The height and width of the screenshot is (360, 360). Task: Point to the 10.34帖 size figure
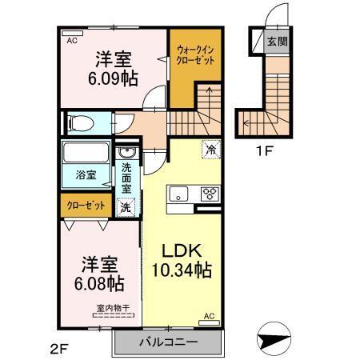[x=183, y=270]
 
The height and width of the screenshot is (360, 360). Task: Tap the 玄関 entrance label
[x=277, y=42]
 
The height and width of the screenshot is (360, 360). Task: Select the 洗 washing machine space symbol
[x=126, y=206]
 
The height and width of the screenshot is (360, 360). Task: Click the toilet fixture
[x=82, y=122]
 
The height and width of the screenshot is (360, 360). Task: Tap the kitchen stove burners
[x=210, y=193]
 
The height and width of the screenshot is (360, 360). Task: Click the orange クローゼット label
[x=86, y=206]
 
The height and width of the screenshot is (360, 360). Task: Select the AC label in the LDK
[x=210, y=316]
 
